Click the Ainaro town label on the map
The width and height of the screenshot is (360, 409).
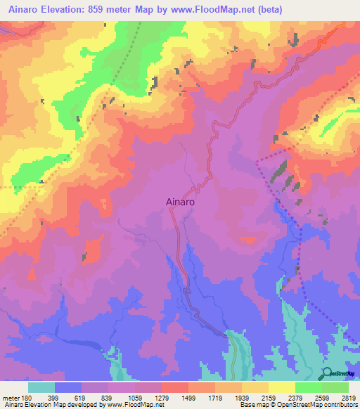click(180, 200)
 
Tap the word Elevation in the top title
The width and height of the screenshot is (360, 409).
click(68, 8)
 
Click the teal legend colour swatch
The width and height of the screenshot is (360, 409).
click(41, 387)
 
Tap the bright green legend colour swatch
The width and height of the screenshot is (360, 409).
click(308, 387)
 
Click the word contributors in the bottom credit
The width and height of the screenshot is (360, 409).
click(340, 405)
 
